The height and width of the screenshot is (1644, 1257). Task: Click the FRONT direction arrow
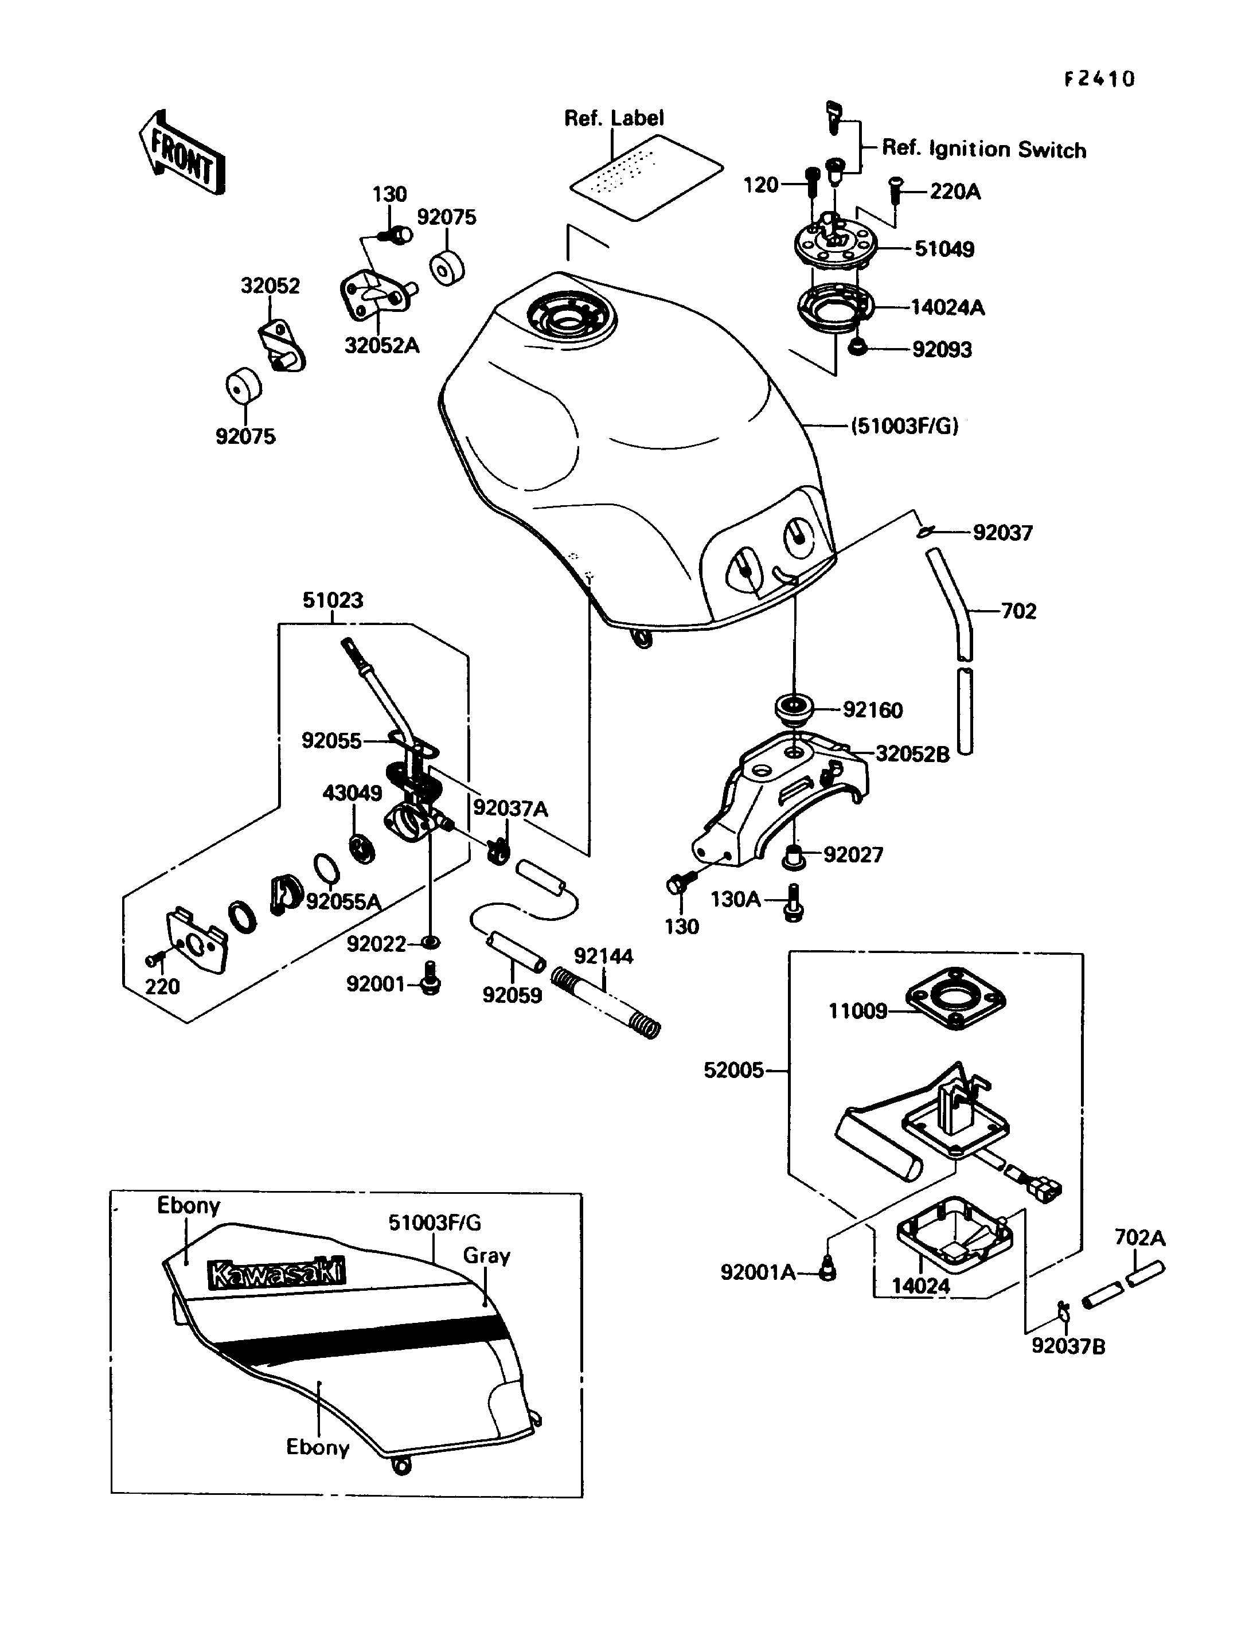182,154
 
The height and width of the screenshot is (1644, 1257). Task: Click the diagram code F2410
1099,79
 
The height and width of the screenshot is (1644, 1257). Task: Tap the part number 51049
944,249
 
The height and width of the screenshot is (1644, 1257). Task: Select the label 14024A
947,307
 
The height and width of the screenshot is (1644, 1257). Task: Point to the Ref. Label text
614,118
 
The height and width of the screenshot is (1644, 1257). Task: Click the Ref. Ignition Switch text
984,149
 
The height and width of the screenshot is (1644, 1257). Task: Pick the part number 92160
872,709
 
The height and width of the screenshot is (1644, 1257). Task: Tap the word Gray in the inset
486,1256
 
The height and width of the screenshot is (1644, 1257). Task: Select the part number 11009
857,1011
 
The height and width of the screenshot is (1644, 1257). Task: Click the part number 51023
333,600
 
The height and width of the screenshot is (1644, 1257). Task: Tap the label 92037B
1068,1346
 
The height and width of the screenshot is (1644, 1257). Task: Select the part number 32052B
912,753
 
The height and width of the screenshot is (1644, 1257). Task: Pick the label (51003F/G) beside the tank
904,427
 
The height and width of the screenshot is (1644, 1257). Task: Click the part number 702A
1139,1237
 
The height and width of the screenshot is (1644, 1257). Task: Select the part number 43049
352,792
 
